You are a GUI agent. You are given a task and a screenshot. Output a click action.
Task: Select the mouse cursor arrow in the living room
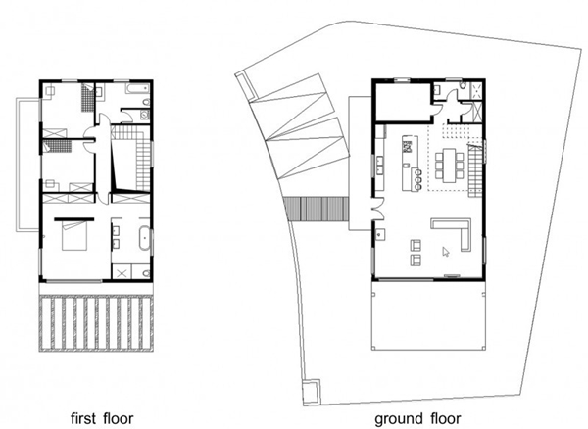click(445, 252)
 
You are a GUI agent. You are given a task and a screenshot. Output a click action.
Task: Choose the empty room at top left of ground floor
click(405, 102)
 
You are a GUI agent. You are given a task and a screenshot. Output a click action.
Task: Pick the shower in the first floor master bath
click(123, 270)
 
